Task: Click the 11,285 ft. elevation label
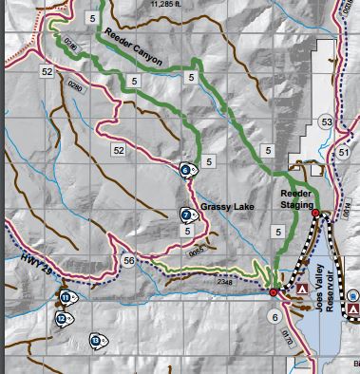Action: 170,4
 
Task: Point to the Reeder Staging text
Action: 295,197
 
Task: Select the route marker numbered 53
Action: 326,122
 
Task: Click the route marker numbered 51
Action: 343,152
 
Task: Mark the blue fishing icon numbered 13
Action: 96,340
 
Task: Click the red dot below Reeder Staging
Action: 315,215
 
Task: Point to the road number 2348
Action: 225,281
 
